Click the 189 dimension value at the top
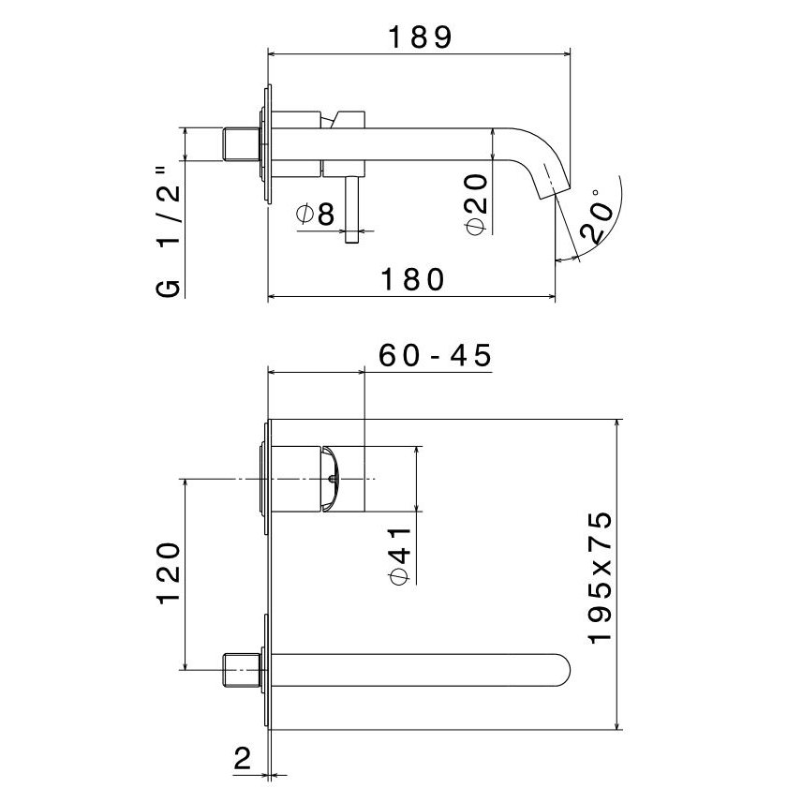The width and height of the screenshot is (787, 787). tap(421, 37)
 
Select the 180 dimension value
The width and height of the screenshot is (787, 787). tap(412, 279)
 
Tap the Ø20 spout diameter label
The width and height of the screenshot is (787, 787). tap(476, 204)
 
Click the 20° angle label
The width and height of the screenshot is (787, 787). tap(598, 216)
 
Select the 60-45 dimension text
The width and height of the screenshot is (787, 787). tap(435, 355)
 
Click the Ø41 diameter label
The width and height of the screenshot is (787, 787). tap(400, 557)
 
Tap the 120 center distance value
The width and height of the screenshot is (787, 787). tap(169, 573)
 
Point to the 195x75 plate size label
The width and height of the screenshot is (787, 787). tap(600, 577)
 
